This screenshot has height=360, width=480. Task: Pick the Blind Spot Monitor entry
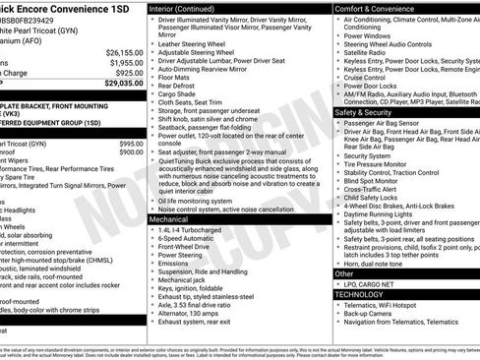click(x=377, y=180)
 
